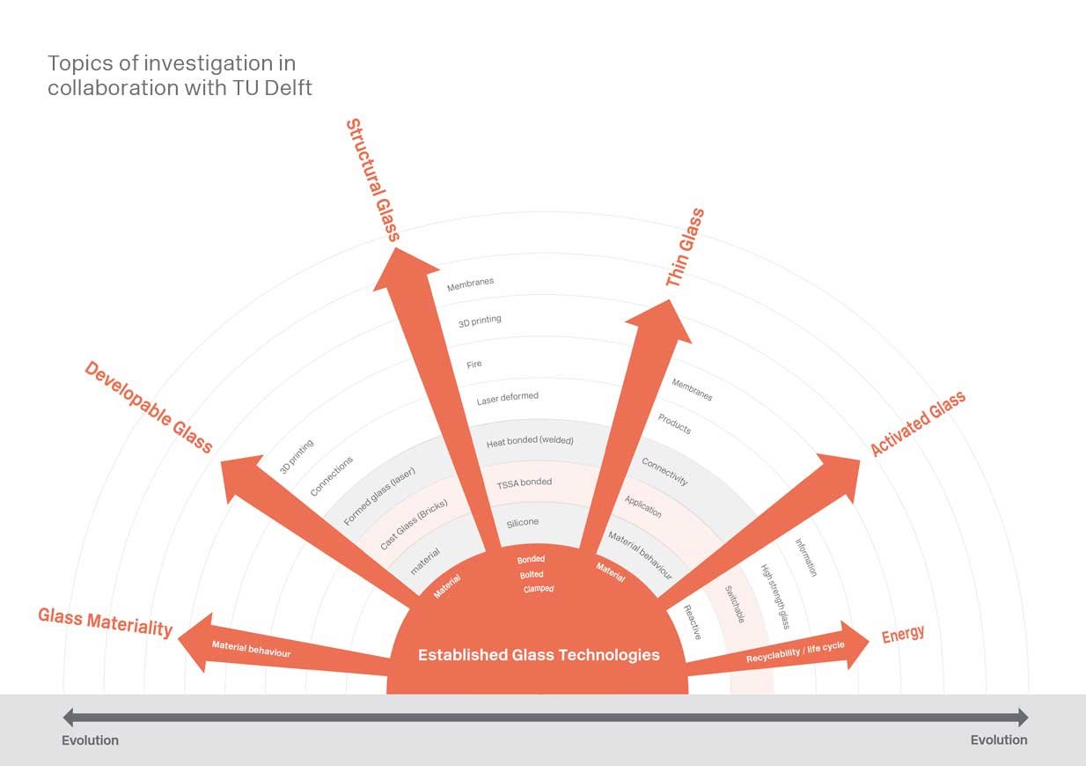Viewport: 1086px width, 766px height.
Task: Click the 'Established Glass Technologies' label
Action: tap(539, 655)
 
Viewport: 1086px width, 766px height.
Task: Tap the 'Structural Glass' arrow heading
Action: tap(373, 180)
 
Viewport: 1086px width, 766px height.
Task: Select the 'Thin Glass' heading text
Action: tap(685, 247)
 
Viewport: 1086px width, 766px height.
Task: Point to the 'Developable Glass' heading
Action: tap(149, 407)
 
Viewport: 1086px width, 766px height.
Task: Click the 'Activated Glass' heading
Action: tap(918, 424)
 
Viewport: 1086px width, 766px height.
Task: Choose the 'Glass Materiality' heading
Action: tap(106, 622)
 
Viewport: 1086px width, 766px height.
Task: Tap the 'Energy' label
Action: tap(903, 634)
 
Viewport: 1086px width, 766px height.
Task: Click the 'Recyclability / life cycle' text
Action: tap(795, 652)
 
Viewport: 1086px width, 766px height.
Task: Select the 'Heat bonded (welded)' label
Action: tap(530, 441)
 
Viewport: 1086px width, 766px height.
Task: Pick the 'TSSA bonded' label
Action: tap(525, 483)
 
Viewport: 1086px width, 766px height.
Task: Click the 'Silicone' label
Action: tap(523, 522)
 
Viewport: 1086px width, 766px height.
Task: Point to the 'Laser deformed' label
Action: tap(507, 398)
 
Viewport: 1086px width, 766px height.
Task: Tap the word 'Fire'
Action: tap(473, 364)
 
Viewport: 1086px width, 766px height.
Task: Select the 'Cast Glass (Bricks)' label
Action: tap(414, 524)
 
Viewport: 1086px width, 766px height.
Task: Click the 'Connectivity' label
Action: tap(664, 471)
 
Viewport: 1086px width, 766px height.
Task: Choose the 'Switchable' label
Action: tap(735, 604)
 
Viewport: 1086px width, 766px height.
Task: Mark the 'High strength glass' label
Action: tap(774, 596)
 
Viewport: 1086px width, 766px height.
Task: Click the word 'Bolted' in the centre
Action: tap(532, 574)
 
